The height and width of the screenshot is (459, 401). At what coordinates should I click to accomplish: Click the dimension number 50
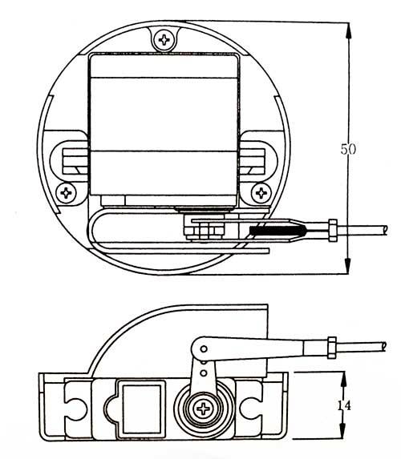coord(348,149)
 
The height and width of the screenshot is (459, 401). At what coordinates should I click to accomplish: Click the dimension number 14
coord(343,406)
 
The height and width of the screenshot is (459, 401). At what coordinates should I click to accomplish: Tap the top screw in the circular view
coord(164,39)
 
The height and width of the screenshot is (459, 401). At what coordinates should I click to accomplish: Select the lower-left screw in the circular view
coord(66,193)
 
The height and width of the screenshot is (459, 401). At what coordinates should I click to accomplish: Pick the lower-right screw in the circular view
coord(261,193)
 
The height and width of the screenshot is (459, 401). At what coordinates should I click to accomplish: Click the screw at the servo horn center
coord(203,409)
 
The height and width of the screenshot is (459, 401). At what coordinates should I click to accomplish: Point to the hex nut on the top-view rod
coord(333,231)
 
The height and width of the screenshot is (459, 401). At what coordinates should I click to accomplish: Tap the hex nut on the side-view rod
coord(331,348)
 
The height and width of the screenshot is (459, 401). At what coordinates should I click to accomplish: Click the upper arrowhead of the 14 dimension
coord(343,380)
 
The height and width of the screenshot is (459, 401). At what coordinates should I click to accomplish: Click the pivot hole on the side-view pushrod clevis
coord(204,349)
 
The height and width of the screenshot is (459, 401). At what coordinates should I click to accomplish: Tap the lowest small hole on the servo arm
coord(203,373)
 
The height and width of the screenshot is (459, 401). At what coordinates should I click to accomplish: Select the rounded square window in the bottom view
coord(142,409)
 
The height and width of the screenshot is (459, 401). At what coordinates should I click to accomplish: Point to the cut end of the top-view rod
coord(385,231)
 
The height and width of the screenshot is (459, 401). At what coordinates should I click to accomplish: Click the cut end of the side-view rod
coord(384,347)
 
